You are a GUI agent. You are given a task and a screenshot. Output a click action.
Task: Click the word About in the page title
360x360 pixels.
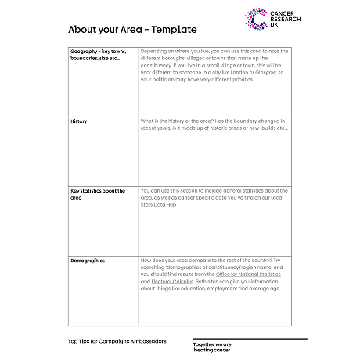(83, 30)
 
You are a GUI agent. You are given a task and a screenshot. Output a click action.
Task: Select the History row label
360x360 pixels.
(79, 121)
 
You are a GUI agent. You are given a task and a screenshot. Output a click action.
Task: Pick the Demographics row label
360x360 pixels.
(88, 260)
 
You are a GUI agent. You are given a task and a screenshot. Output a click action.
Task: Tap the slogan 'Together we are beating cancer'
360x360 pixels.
(213, 346)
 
